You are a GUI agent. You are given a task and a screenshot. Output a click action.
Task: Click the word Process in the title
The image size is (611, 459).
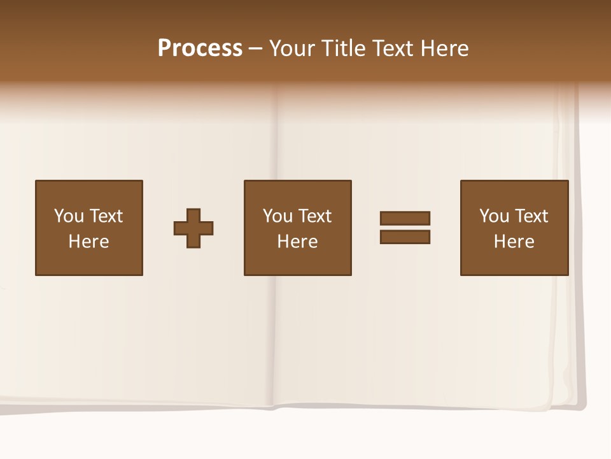point(200,48)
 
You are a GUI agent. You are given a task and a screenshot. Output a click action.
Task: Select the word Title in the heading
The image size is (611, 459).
point(341,48)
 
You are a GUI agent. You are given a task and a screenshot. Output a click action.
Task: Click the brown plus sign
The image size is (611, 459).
point(193,228)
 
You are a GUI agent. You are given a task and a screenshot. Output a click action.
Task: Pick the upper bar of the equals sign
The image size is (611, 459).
point(405,218)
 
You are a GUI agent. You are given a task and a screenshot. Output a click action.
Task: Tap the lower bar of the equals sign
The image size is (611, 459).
point(405,237)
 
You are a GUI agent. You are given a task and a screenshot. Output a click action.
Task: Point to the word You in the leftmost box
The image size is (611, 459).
point(69,216)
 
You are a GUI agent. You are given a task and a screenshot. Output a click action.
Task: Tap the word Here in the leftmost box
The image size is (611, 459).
point(89,242)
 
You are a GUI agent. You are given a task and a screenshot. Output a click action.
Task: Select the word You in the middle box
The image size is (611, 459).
point(277,216)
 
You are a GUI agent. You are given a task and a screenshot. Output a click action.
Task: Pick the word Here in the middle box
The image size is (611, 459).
point(298,242)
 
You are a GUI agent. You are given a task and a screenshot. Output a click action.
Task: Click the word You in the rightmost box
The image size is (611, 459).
point(494,216)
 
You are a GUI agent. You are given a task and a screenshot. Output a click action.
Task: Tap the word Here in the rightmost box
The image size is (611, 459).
point(514,242)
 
